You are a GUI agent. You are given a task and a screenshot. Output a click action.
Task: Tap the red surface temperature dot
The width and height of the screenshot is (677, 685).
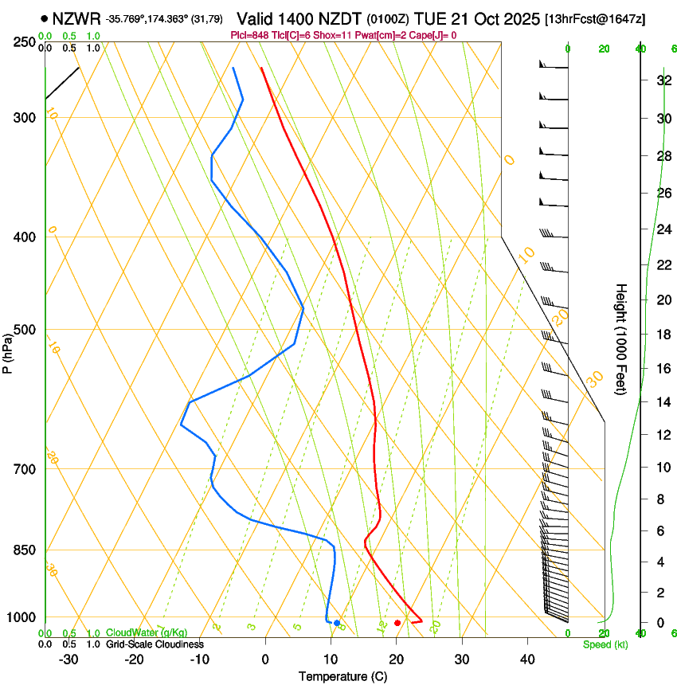[x=397, y=623]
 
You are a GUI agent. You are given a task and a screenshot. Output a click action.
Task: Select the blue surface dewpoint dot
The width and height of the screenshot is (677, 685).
[x=337, y=623]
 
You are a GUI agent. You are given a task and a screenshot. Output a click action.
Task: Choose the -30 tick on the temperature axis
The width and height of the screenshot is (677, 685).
[x=68, y=660]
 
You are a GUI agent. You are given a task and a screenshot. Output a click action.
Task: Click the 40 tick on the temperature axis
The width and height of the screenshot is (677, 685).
[x=527, y=660]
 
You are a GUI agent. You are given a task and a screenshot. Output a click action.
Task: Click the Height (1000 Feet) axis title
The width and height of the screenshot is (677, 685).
[x=621, y=339]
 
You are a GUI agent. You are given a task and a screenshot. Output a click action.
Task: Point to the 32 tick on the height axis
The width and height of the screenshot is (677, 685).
[x=662, y=80]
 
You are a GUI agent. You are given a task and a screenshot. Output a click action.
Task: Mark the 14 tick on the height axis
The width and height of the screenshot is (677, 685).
[x=662, y=402]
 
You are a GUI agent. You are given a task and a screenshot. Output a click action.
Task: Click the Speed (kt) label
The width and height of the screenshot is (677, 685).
[x=605, y=644]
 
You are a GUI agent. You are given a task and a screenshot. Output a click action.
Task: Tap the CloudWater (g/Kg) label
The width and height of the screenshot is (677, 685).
[x=135, y=633]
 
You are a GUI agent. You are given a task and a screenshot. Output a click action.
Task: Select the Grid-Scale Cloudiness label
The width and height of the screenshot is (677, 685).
[x=155, y=644]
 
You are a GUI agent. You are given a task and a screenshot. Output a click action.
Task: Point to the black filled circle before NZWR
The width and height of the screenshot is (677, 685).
[x=44, y=17]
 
